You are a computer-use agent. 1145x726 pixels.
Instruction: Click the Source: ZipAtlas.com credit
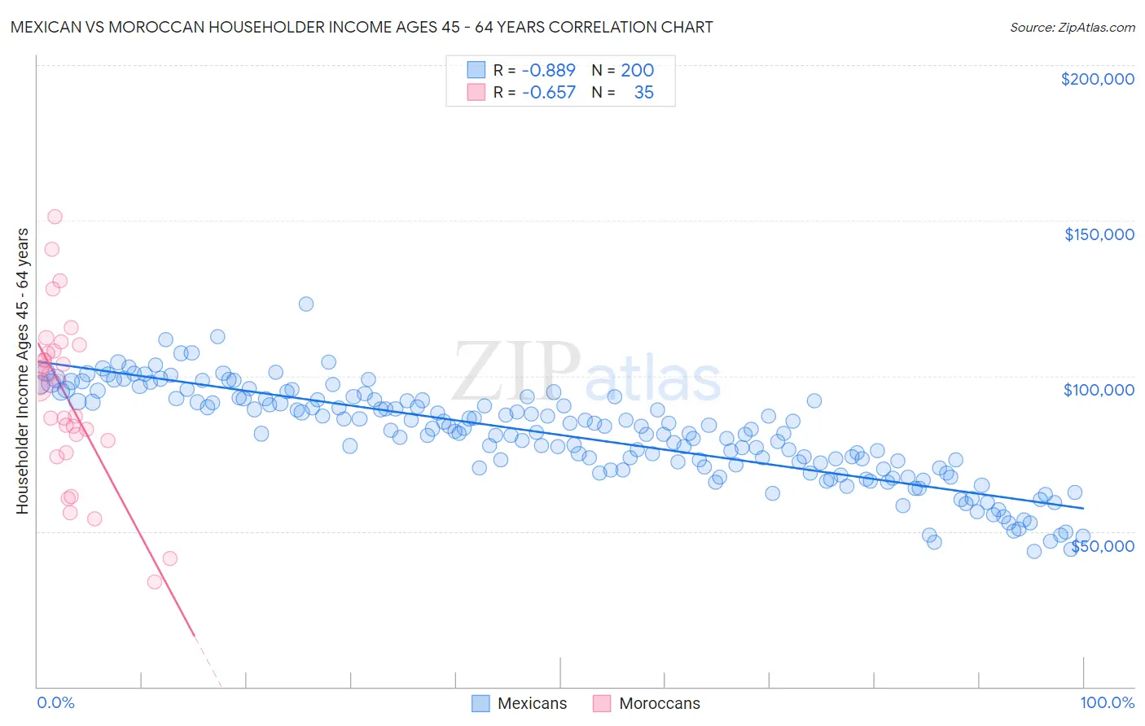pos(1072,27)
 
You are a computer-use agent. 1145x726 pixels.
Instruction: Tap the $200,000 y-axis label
pos(1097,79)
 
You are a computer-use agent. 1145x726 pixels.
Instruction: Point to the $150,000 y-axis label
pos(1099,234)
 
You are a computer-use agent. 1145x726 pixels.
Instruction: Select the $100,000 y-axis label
pos(1099,390)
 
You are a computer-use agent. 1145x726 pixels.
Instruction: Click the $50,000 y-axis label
pos(1102,546)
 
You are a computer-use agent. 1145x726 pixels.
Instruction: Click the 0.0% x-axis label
pos(55,702)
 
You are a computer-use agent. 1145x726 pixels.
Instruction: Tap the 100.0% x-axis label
pos(1107,702)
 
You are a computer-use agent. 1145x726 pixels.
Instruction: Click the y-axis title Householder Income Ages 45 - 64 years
pos(23,371)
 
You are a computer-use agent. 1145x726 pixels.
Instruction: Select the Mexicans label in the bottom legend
pos(532,703)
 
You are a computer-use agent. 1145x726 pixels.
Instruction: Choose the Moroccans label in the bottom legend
pos(659,703)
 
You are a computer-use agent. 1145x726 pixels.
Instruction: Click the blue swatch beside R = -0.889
pos(476,70)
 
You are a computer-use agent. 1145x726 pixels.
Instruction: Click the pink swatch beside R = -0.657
pos(476,92)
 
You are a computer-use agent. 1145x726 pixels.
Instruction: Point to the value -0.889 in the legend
pos(548,70)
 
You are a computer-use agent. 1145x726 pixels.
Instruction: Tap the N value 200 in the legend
pos(637,70)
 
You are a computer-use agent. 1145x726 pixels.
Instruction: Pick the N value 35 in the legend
pos(643,92)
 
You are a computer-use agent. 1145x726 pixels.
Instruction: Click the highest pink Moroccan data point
pos(55,216)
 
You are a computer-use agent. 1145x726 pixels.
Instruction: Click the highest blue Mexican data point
pos(306,304)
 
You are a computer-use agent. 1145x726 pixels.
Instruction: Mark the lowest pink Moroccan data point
pos(154,582)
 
